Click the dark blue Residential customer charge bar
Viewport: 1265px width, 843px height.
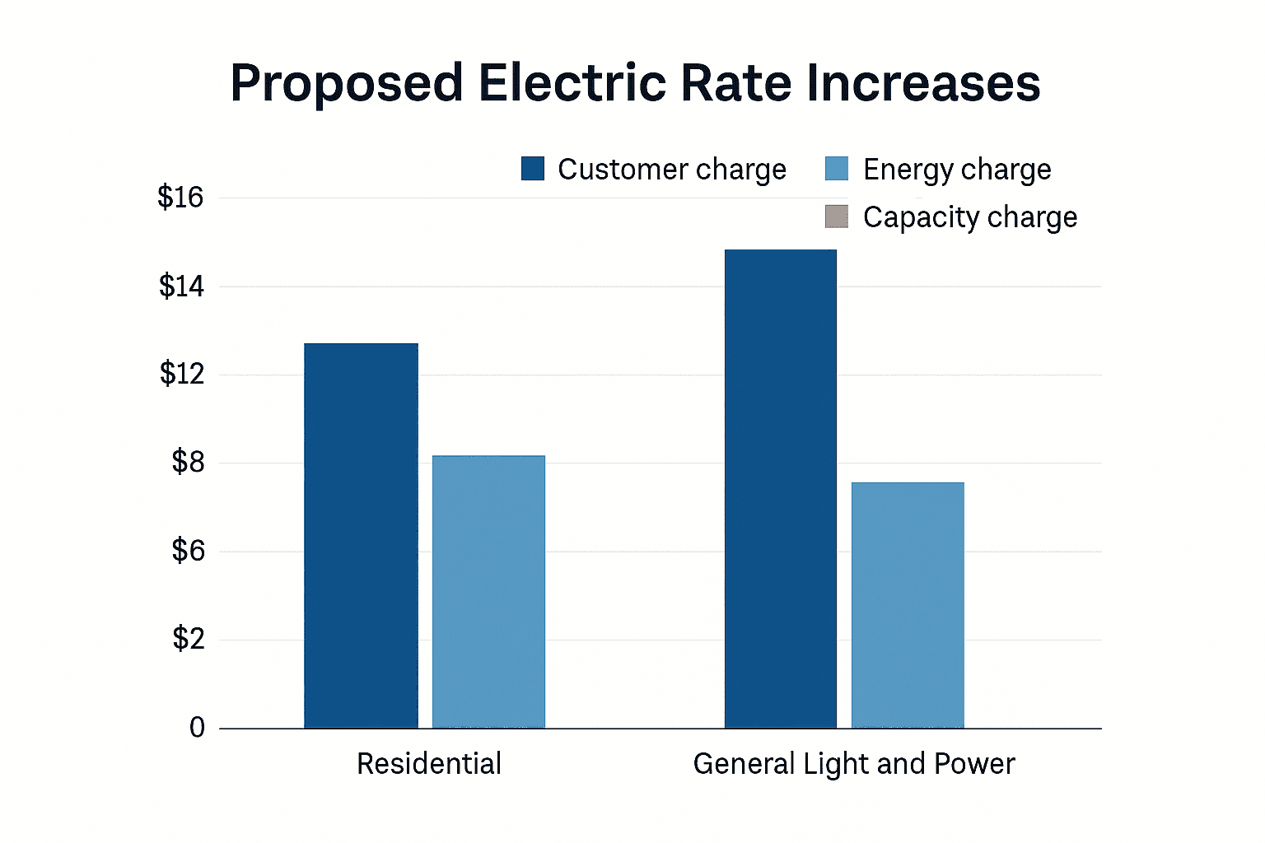click(361, 535)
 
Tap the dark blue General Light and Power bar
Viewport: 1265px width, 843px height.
click(780, 489)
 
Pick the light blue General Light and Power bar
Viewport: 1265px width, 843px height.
click(908, 605)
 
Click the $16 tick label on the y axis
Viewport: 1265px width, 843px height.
click(180, 198)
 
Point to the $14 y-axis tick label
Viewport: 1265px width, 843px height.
click(180, 286)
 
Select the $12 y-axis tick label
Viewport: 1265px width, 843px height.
click(180, 375)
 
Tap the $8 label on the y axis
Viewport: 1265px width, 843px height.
click(187, 463)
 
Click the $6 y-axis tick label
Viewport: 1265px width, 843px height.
click(187, 551)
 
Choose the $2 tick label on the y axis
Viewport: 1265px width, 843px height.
click(187, 639)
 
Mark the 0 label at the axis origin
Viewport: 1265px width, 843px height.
click(197, 728)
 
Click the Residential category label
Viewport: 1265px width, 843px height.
click(429, 764)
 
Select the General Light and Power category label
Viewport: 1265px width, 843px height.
click(854, 764)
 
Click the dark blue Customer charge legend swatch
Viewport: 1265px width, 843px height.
click(533, 169)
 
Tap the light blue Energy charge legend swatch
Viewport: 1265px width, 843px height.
click(837, 169)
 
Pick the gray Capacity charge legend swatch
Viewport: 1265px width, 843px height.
click(837, 217)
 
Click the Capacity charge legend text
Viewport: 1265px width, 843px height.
click(969, 217)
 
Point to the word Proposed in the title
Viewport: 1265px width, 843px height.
click(347, 84)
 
